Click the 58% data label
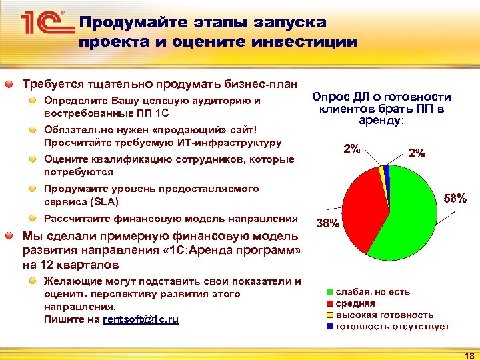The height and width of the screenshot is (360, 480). click(x=455, y=198)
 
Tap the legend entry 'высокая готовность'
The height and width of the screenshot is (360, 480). click(x=383, y=315)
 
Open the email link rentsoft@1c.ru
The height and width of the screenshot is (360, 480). click(x=140, y=320)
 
